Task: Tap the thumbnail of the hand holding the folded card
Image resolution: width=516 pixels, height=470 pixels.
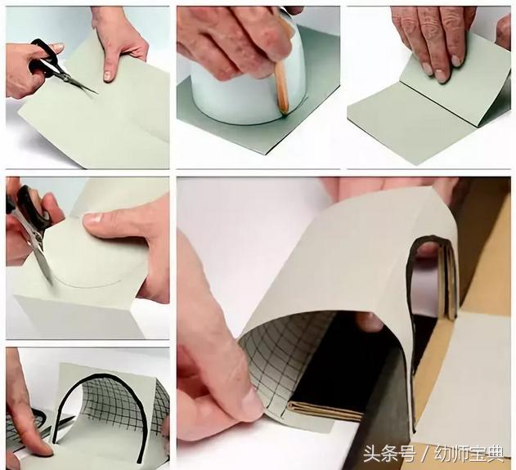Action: click(x=94, y=219)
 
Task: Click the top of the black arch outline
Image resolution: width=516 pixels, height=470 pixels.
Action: click(x=106, y=378)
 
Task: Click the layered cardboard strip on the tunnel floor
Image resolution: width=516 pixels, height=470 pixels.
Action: click(x=327, y=409)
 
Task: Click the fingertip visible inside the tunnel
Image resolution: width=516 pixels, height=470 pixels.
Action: click(x=369, y=322)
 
